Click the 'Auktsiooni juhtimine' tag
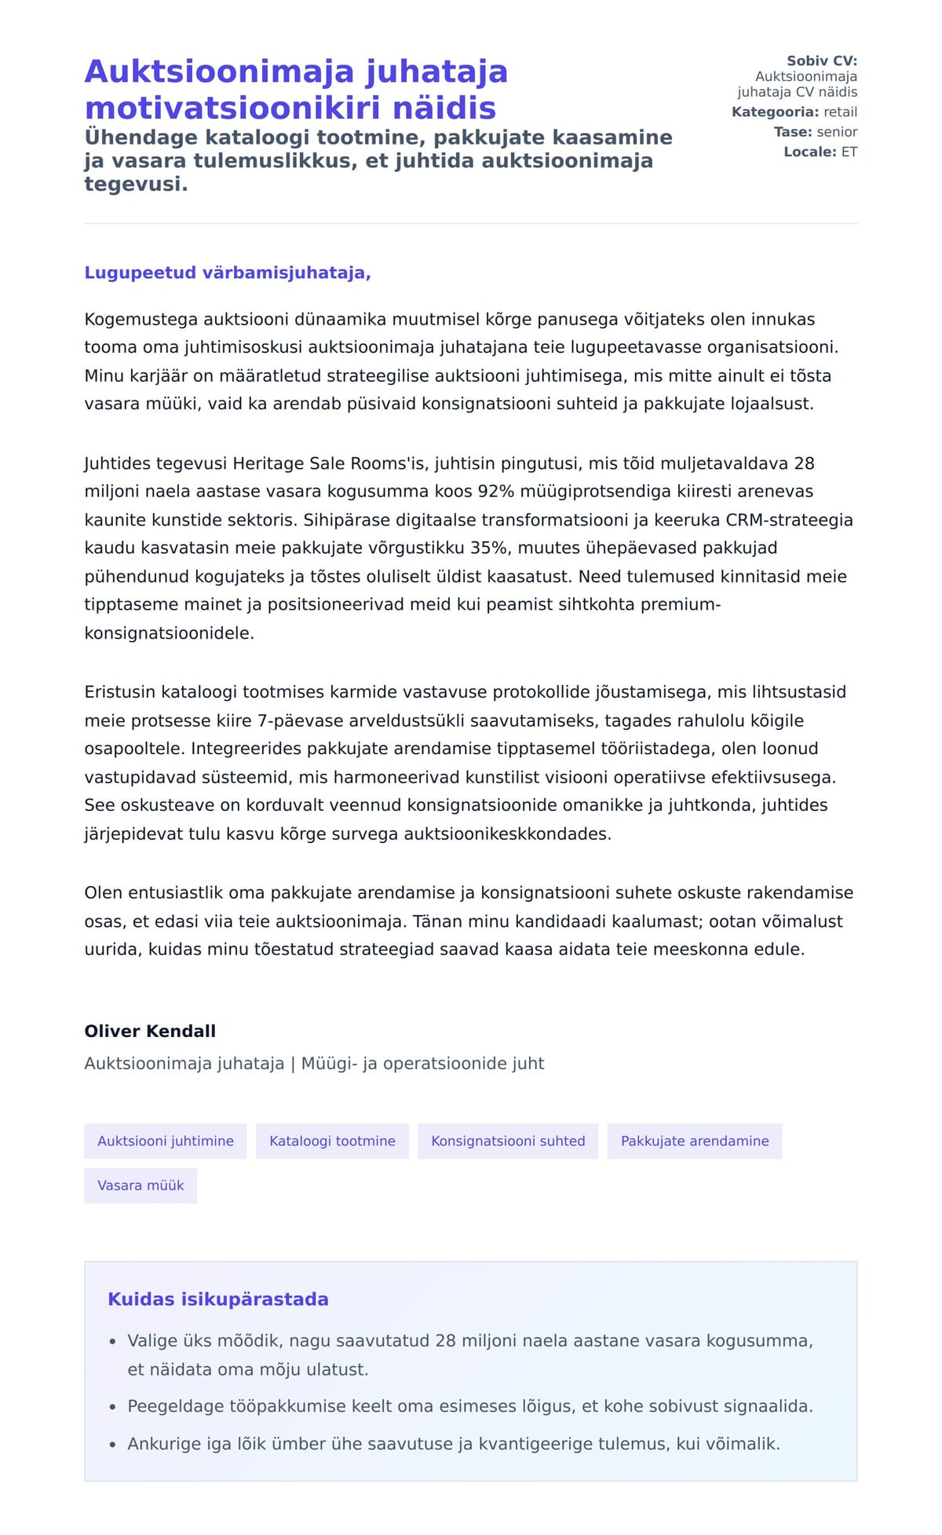click(165, 1141)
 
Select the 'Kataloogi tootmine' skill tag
click(332, 1141)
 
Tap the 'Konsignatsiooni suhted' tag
click(508, 1141)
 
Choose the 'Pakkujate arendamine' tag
click(695, 1141)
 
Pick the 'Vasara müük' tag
click(141, 1185)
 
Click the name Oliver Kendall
click(150, 1031)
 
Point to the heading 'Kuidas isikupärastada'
click(218, 1299)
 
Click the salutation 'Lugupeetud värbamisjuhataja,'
click(228, 273)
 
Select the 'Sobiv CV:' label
click(822, 60)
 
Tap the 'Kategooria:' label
click(775, 112)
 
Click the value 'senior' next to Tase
click(837, 132)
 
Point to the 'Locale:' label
click(810, 152)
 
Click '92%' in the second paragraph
click(495, 491)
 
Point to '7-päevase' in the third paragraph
click(295, 720)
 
